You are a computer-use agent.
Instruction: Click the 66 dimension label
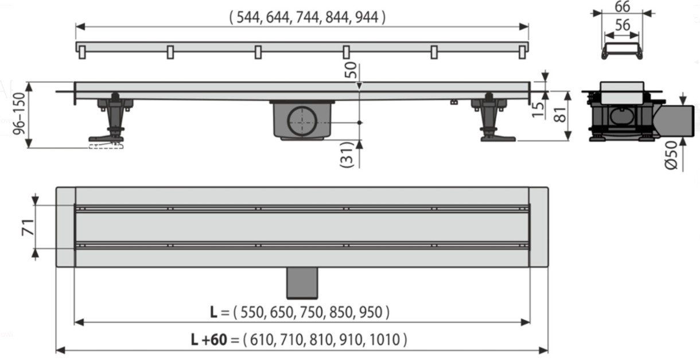622,6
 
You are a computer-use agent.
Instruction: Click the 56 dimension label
623,25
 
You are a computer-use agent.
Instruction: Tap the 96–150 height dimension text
19,114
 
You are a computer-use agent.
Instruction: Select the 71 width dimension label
28,227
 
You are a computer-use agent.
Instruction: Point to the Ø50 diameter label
671,156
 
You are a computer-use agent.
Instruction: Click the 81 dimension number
559,114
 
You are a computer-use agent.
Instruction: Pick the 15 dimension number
538,110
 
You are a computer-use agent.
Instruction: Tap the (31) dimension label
347,154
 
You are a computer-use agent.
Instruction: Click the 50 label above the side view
351,70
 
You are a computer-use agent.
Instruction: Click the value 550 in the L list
252,312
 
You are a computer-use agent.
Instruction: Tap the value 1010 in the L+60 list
384,340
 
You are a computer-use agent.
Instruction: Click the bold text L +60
209,340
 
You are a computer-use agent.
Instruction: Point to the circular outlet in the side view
302,121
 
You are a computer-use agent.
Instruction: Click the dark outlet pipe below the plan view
302,283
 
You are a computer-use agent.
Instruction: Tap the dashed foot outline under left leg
106,145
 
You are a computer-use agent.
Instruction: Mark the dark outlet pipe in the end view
675,121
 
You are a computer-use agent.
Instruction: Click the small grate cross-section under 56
622,51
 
